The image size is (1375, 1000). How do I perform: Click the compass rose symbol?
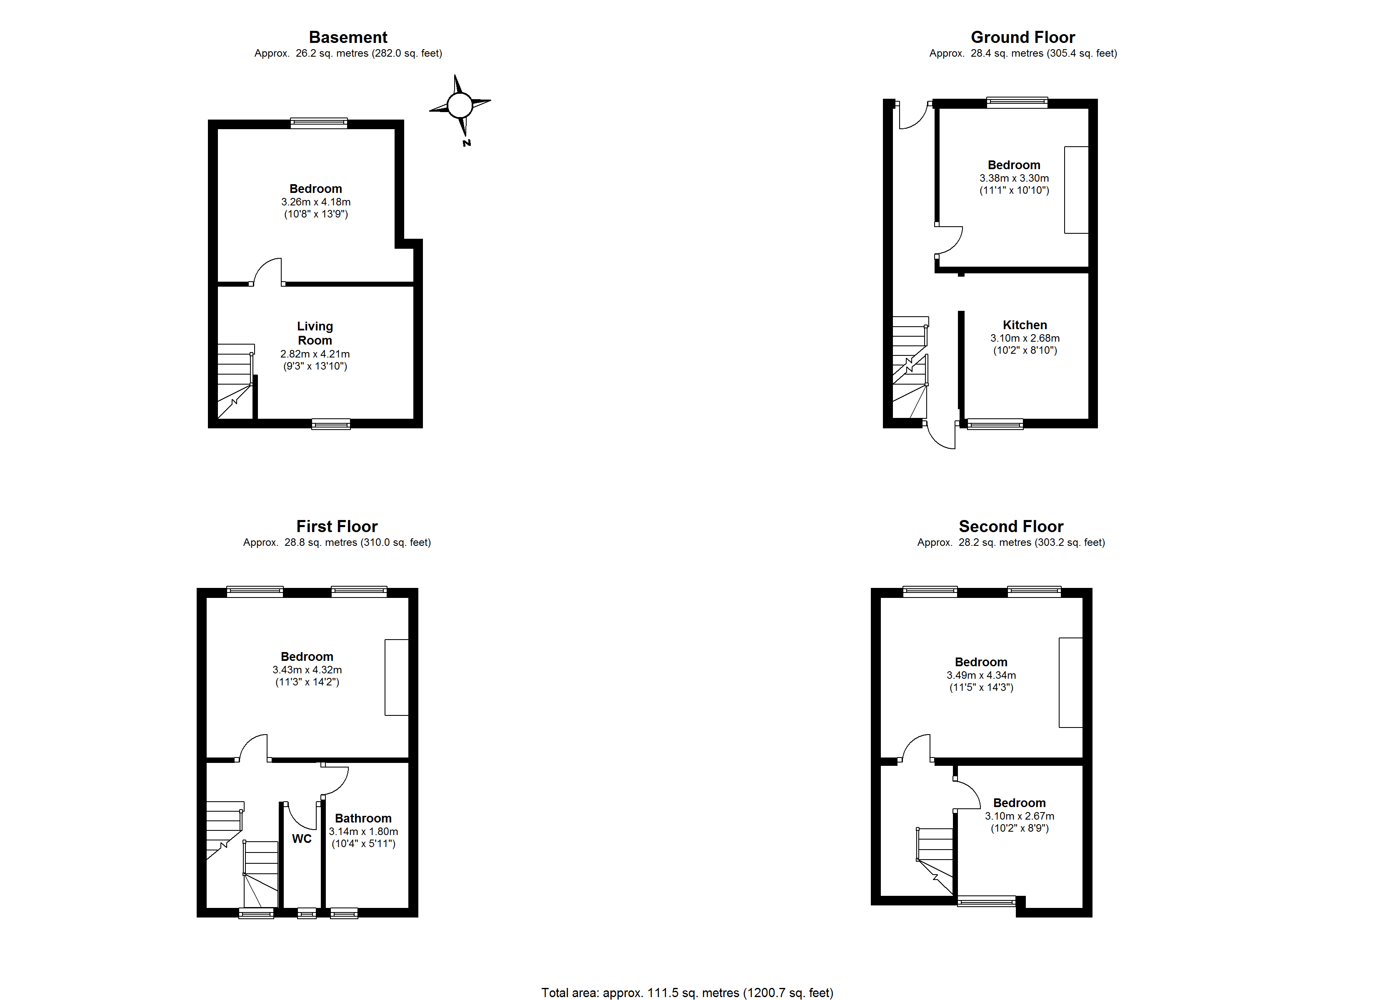[x=460, y=105]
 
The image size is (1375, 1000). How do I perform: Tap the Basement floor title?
[x=348, y=37]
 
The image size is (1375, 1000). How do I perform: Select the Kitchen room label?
[x=1025, y=325]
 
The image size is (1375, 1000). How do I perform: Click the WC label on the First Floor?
[x=301, y=839]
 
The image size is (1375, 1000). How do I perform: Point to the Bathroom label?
[x=363, y=818]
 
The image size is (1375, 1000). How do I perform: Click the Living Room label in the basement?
[x=315, y=333]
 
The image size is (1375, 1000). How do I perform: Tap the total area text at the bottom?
[x=687, y=992]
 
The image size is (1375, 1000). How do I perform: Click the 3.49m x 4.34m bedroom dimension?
[x=981, y=675]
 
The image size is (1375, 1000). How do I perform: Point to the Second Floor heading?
[x=1011, y=526]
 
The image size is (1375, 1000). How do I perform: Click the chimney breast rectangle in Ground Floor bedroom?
[x=1076, y=190]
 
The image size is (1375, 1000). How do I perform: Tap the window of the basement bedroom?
[x=319, y=123]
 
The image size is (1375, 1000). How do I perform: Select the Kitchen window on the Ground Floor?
[x=995, y=424]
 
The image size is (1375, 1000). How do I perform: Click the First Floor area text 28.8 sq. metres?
[x=337, y=542]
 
